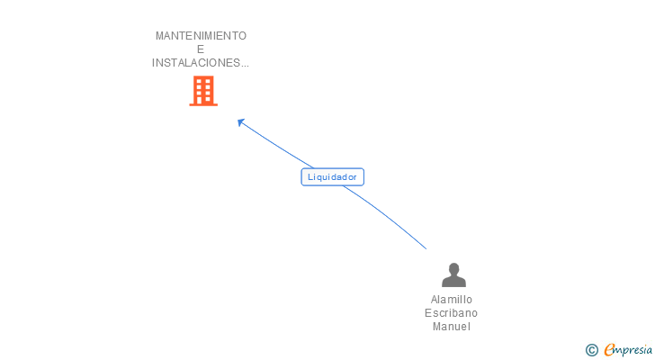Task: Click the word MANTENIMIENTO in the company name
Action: coord(201,36)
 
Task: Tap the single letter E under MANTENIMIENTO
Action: coord(201,49)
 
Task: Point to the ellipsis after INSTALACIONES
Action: coord(245,65)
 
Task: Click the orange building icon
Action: coord(203,91)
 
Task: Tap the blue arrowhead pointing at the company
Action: coord(240,121)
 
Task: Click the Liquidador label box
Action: coord(332,177)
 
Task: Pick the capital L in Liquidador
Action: coord(310,177)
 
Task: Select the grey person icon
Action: coord(453,274)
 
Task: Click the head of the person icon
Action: coord(453,268)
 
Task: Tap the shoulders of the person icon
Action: coord(453,282)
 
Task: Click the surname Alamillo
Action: coord(452,300)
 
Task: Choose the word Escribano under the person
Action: coord(452,313)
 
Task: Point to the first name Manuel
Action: coord(452,327)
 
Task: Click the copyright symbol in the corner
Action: coord(592,350)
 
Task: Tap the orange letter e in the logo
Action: coord(610,350)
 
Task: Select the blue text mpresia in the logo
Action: coord(635,349)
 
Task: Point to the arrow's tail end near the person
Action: coord(426,247)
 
